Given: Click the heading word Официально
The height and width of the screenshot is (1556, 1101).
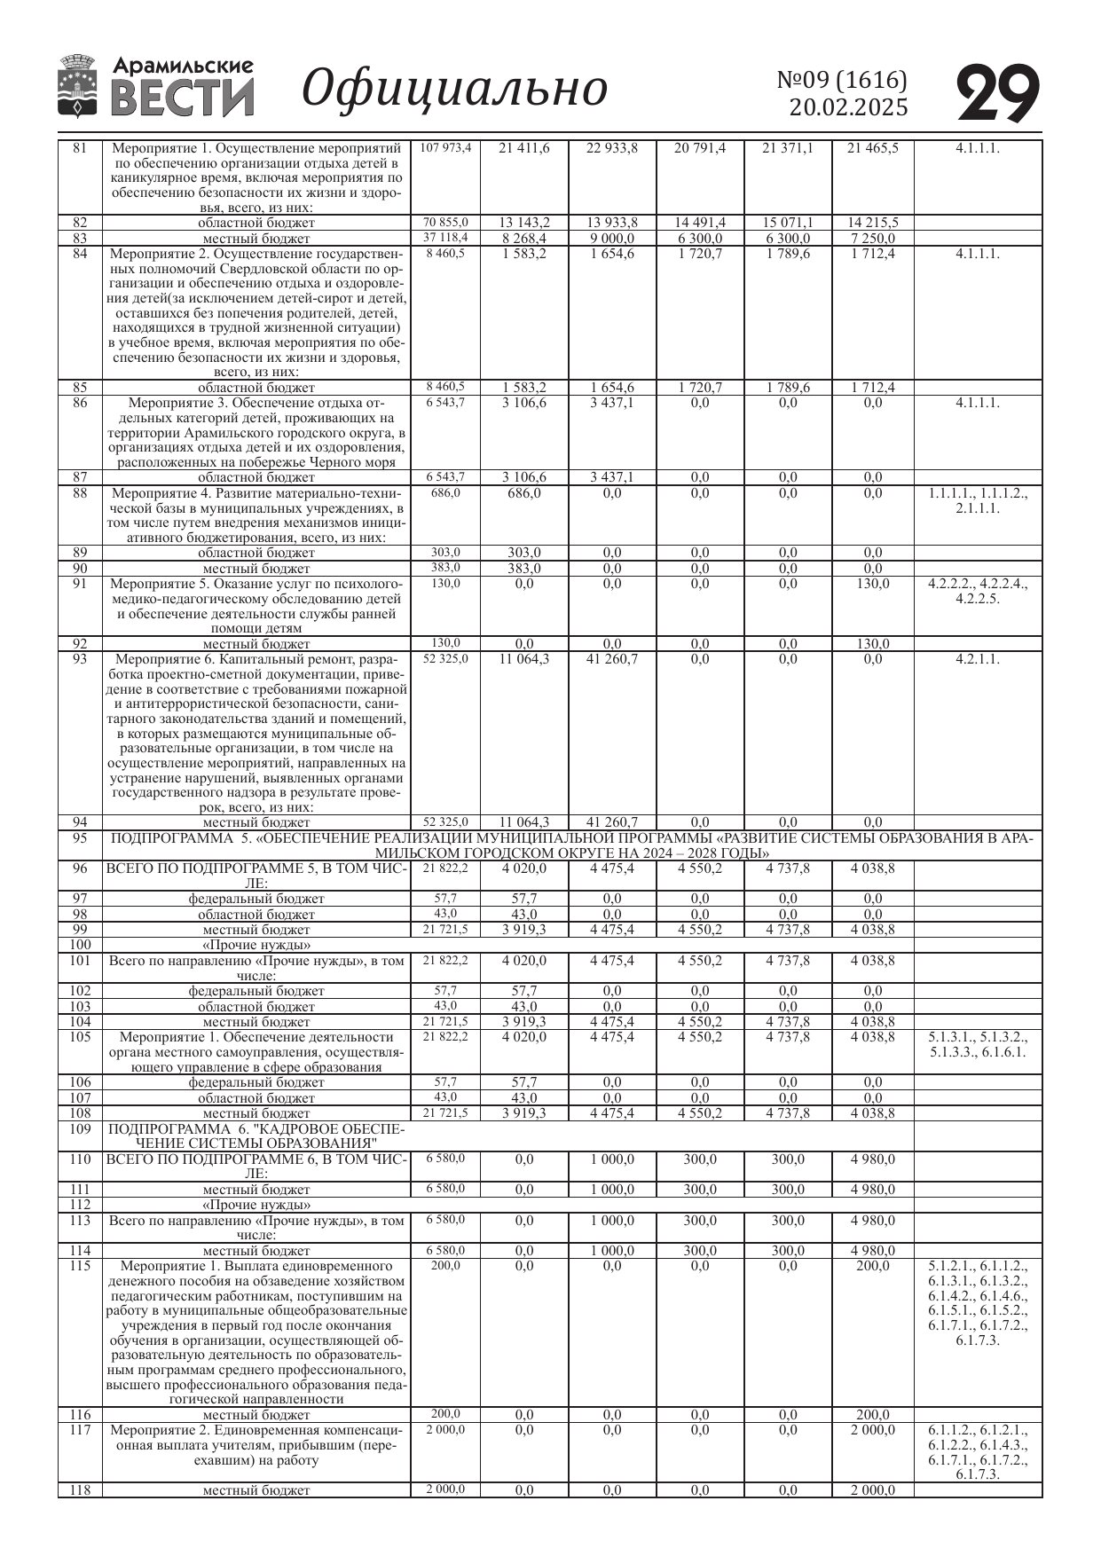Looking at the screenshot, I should pyautogui.click(x=454, y=89).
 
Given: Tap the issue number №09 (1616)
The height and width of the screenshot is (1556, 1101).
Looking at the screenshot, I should pyautogui.click(x=842, y=81).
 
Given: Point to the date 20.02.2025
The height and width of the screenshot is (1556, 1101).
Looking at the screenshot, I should pyautogui.click(x=849, y=108).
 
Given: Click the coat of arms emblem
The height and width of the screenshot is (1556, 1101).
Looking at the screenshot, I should pyautogui.click(x=79, y=86).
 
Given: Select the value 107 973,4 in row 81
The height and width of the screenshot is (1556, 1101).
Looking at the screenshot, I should pyautogui.click(x=445, y=148).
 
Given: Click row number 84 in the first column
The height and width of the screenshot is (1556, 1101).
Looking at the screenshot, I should pyautogui.click(x=80, y=254).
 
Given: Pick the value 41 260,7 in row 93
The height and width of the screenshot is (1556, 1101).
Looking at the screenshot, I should pyautogui.click(x=612, y=659).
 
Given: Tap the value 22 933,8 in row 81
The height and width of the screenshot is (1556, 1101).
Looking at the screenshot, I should pyautogui.click(x=612, y=148).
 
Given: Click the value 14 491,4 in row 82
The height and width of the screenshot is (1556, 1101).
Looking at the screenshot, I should pyautogui.click(x=700, y=223).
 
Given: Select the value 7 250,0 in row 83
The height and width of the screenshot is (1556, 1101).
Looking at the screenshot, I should pyautogui.click(x=873, y=239).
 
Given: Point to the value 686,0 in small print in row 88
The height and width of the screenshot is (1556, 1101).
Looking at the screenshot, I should pyautogui.click(x=445, y=492).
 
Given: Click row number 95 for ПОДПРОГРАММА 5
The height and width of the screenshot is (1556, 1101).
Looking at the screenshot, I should pyautogui.click(x=80, y=838).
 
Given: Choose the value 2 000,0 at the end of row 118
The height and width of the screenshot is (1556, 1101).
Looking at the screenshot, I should pyautogui.click(x=873, y=1490).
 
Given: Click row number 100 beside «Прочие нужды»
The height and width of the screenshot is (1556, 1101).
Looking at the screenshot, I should pyautogui.click(x=80, y=945).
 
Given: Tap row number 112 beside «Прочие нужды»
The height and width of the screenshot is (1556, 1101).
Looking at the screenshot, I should pyautogui.click(x=80, y=1205).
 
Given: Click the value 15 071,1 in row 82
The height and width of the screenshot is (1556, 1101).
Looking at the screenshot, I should pyautogui.click(x=788, y=223).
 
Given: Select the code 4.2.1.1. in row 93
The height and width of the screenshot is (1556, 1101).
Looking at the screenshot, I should pyautogui.click(x=978, y=659).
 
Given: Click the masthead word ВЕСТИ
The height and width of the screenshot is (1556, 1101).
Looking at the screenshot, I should pyautogui.click(x=183, y=98).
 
